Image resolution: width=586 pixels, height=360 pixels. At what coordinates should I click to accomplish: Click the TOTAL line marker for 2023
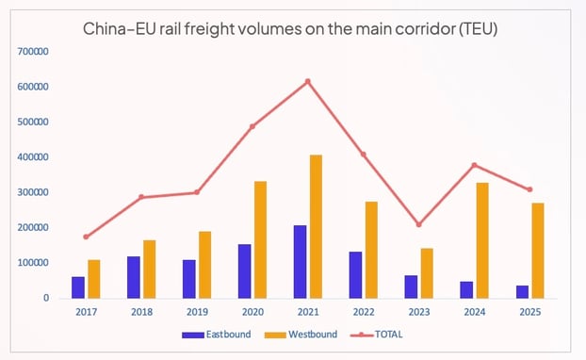pos(418,224)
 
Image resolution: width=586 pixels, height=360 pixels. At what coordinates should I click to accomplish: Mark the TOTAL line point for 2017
pos(87,237)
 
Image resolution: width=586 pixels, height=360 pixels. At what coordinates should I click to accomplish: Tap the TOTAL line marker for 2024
pos(474,165)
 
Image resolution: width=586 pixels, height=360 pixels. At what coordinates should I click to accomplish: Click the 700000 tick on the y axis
pos(34,52)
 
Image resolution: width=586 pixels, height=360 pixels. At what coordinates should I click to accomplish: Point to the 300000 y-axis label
pos(34,192)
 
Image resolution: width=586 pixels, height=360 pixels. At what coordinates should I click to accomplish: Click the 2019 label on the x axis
pos(197,312)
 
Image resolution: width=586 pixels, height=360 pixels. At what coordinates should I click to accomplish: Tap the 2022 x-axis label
pos(363,312)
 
